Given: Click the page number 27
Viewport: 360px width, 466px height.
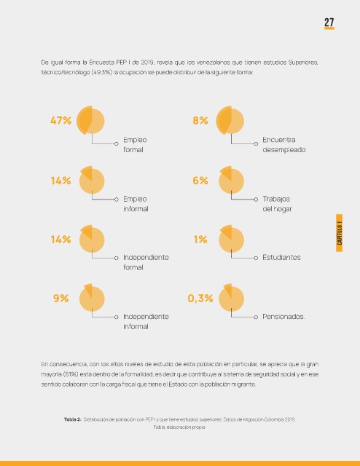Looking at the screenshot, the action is pyautogui.click(x=329, y=23).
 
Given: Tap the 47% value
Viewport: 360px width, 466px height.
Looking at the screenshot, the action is pyautogui.click(x=60, y=121).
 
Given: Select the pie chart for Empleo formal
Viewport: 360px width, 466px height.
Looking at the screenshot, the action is pyautogui.click(x=90, y=120).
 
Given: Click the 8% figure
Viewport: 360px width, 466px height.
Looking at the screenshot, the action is pyautogui.click(x=200, y=121).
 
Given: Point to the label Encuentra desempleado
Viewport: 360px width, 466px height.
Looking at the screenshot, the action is pyautogui.click(x=283, y=145).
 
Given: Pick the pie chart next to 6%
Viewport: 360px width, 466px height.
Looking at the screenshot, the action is pyautogui.click(x=231, y=180).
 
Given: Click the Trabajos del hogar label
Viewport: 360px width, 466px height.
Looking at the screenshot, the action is pyautogui.click(x=277, y=204).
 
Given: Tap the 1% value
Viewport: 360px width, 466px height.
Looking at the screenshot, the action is pyautogui.click(x=200, y=240).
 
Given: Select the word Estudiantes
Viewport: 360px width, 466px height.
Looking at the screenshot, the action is pyautogui.click(x=281, y=257).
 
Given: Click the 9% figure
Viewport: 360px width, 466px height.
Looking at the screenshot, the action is pyautogui.click(x=60, y=299).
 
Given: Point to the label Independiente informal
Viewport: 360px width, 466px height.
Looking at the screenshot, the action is pyautogui.click(x=146, y=321).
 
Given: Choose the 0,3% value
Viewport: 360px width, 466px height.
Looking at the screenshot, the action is pyautogui.click(x=200, y=299).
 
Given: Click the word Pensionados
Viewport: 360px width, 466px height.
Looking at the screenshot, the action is pyautogui.click(x=283, y=317).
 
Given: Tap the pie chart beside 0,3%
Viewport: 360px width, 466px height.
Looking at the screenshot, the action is pyautogui.click(x=231, y=298).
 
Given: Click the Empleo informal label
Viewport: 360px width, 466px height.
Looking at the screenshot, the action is pyautogui.click(x=136, y=204).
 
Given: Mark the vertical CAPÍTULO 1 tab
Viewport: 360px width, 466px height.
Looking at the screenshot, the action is pyautogui.click(x=339, y=233).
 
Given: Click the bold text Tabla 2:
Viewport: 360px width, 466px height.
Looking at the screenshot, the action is pyautogui.click(x=72, y=419).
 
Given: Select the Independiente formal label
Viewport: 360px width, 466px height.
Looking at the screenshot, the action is pyautogui.click(x=146, y=262).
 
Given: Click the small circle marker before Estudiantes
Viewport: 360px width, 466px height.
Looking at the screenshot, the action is pyautogui.click(x=256, y=258).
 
